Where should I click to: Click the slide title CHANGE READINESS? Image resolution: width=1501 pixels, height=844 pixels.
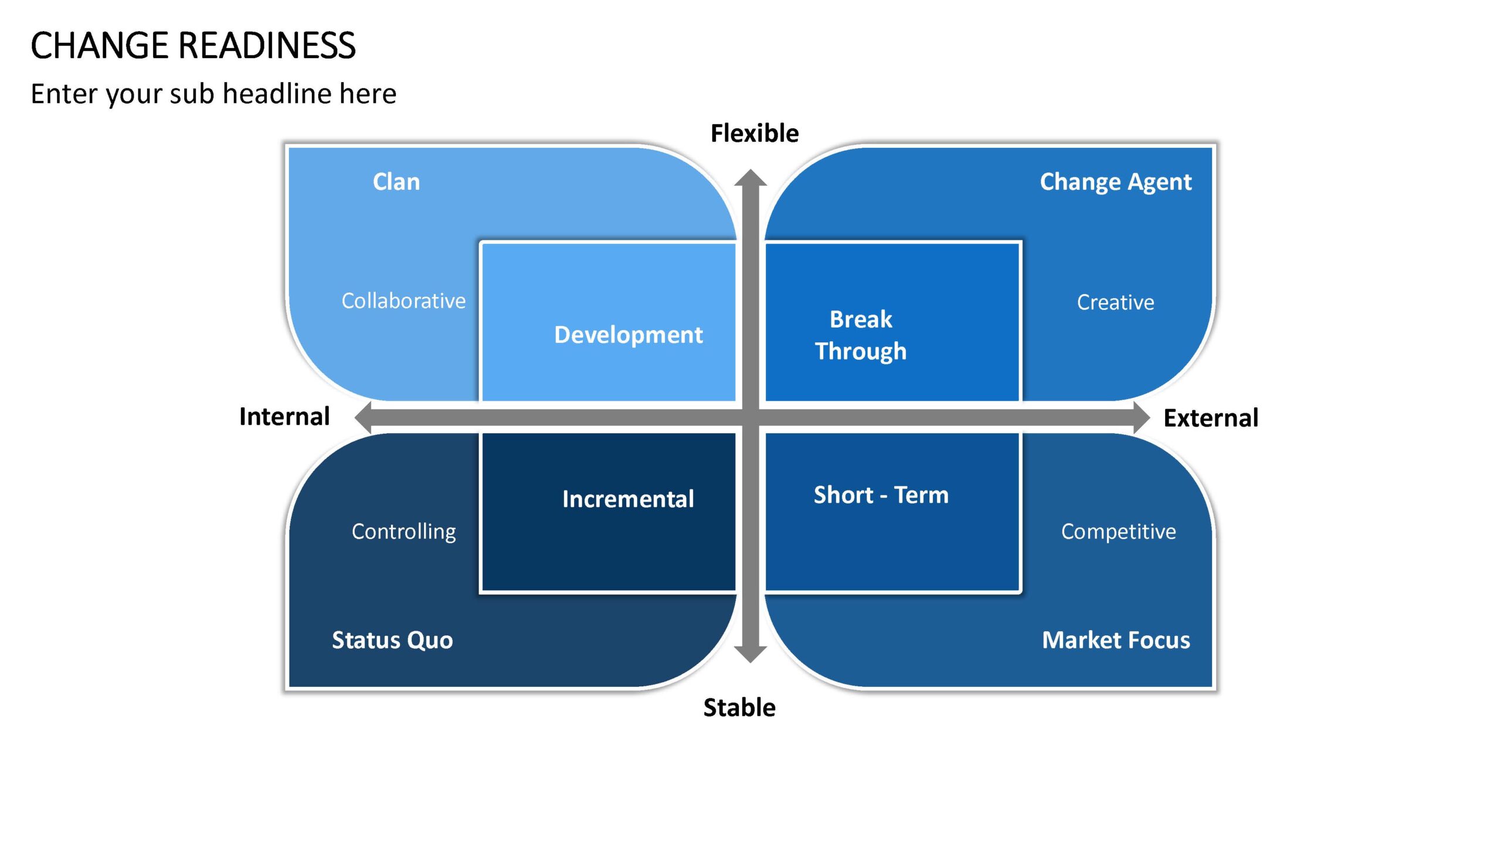pyautogui.click(x=193, y=46)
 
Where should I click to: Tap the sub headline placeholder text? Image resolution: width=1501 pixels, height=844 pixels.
pyautogui.click(x=213, y=94)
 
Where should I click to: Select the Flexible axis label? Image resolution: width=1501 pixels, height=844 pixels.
pyautogui.click(x=755, y=134)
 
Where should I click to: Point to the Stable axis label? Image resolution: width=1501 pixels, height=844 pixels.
pyautogui.click(x=739, y=708)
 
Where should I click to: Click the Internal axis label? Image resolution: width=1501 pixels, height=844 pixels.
pyautogui.click(x=284, y=417)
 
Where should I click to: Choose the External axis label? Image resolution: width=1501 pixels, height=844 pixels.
pyautogui.click(x=1211, y=418)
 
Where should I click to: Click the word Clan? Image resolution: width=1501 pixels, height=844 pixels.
pyautogui.click(x=396, y=182)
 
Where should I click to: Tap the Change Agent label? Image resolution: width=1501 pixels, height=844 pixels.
pyautogui.click(x=1116, y=182)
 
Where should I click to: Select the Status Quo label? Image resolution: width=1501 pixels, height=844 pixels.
pyautogui.click(x=392, y=640)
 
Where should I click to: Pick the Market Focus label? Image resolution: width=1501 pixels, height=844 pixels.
pyautogui.click(x=1116, y=640)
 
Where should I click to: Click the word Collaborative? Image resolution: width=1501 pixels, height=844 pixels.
pyautogui.click(x=403, y=301)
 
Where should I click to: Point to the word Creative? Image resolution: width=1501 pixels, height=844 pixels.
pyautogui.click(x=1115, y=302)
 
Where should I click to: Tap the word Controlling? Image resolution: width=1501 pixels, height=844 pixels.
pyautogui.click(x=403, y=532)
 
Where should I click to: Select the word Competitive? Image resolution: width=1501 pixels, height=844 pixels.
pyautogui.click(x=1118, y=532)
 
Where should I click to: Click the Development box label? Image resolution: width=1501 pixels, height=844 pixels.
pyautogui.click(x=628, y=335)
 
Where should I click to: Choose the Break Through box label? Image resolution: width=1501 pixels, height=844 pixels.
pyautogui.click(x=861, y=335)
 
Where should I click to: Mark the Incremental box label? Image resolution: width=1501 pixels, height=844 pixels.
pyautogui.click(x=628, y=499)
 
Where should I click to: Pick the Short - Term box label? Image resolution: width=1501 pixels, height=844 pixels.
pyautogui.click(x=881, y=495)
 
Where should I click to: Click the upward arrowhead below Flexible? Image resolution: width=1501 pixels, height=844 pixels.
pyautogui.click(x=750, y=178)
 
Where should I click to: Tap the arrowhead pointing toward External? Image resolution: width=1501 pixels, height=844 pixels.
pyautogui.click(x=1142, y=418)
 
